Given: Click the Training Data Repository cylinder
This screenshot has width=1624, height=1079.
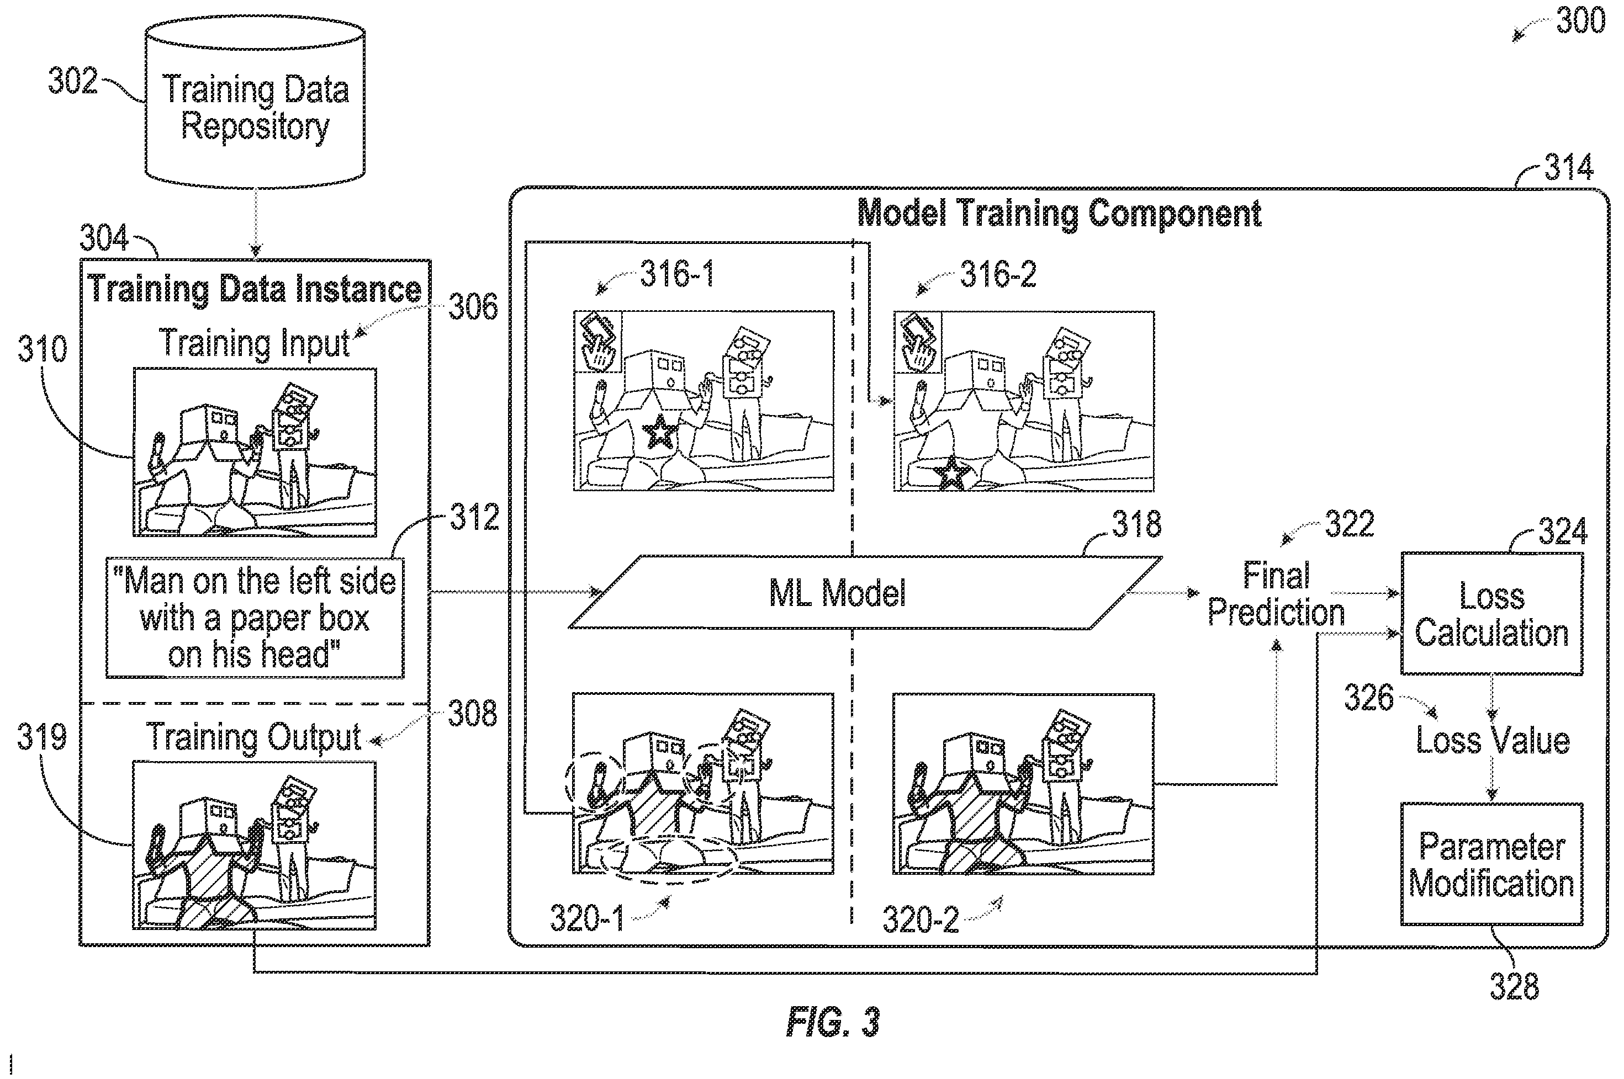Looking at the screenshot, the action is (x=255, y=103).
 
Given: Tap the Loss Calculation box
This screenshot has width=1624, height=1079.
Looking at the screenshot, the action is (x=1492, y=614).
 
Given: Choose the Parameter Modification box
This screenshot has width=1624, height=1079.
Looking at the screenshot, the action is (x=1492, y=864).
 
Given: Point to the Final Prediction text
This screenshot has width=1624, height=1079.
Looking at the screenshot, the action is (x=1276, y=594).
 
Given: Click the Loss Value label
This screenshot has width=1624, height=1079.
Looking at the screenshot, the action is (x=1493, y=741).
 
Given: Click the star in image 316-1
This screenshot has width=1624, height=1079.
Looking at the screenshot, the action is (x=659, y=432).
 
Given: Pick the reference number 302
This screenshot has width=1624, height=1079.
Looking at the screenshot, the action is (x=72, y=81).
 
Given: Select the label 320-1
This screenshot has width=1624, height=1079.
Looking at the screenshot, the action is (x=586, y=918).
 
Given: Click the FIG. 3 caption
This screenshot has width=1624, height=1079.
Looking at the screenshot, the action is (x=833, y=1022).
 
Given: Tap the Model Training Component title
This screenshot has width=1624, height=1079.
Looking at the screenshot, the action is (x=1059, y=214).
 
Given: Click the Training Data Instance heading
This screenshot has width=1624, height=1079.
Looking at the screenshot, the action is (x=255, y=289).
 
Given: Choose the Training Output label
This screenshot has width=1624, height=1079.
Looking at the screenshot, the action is (x=254, y=738).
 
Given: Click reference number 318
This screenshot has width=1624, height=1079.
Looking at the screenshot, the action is (x=1136, y=524).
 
